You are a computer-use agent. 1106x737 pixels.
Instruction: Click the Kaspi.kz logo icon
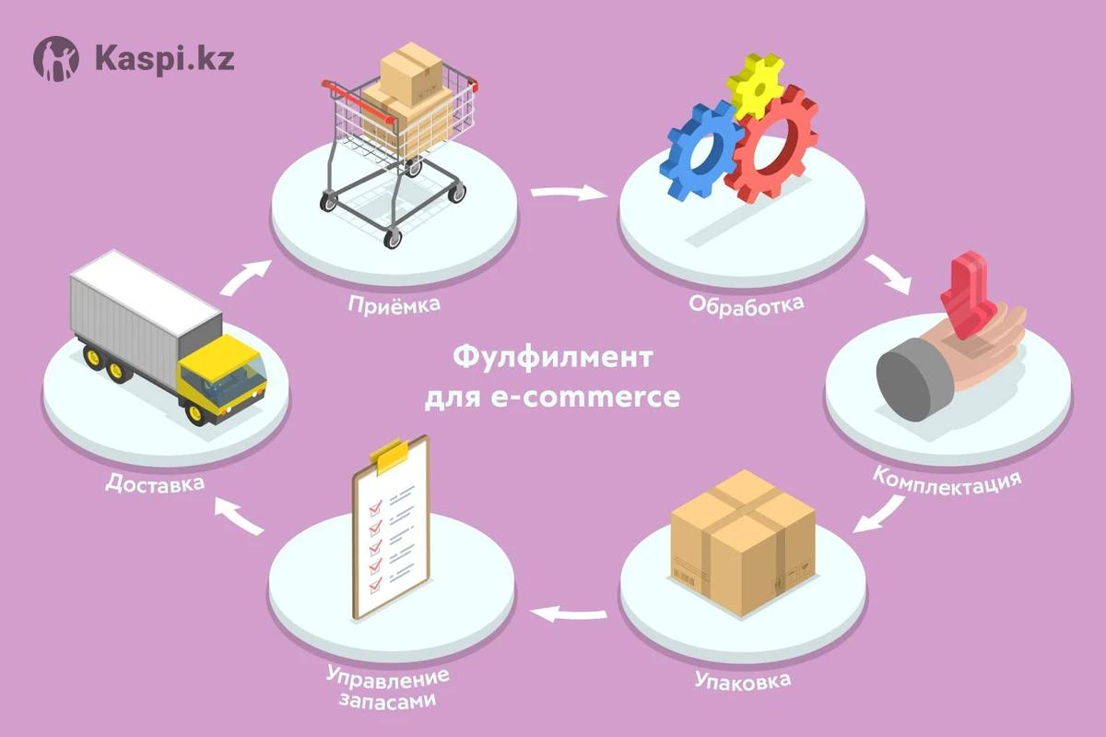click(57, 58)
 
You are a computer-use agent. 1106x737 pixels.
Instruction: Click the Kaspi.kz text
click(164, 58)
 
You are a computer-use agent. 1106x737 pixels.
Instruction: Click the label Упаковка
click(741, 684)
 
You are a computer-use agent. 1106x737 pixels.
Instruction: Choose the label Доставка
click(154, 482)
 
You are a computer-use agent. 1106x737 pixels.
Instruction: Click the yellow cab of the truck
click(221, 378)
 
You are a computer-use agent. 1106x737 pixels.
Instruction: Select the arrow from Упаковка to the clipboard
click(571, 611)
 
